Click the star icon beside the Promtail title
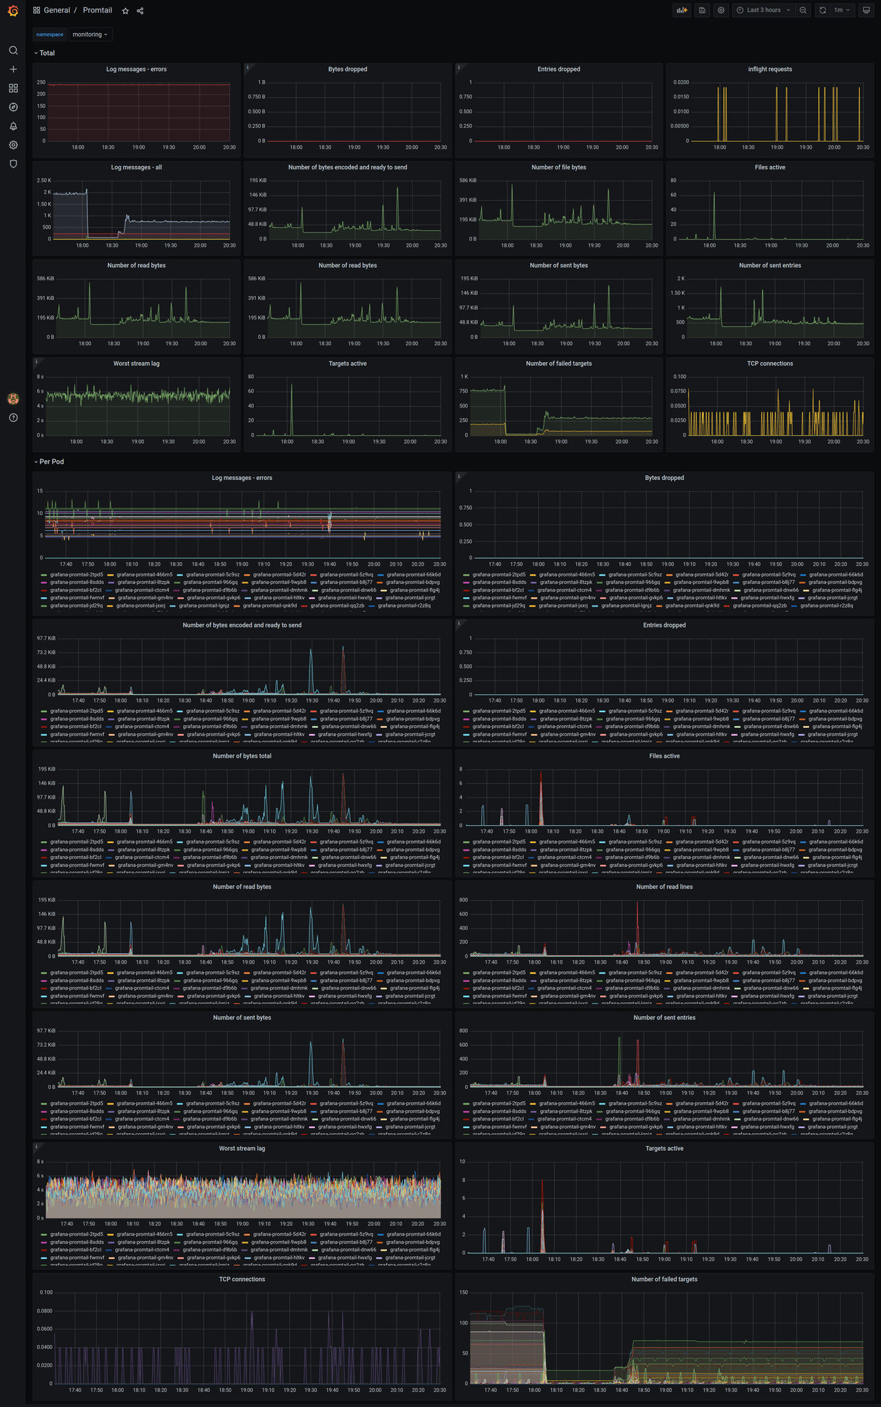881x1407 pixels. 125,11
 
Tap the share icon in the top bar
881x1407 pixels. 140,11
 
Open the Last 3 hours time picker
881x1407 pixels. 764,10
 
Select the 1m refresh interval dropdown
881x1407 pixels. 842,10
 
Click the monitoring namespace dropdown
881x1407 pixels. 90,34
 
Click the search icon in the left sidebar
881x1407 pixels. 13,50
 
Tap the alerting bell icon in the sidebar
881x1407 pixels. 13,126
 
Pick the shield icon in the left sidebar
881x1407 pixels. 13,164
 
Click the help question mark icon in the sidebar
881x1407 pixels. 13,417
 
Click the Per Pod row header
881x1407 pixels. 52,461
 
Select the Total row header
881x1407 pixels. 47,53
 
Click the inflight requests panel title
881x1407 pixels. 769,70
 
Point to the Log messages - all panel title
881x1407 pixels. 136,167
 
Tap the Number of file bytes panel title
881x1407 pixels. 558,167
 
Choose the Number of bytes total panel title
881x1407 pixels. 242,756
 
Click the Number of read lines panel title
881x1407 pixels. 664,887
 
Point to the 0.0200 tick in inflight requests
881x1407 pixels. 681,83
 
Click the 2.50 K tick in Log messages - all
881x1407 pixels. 44,180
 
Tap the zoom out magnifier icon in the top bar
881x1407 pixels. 803,10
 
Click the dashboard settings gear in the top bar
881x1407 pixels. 721,10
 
